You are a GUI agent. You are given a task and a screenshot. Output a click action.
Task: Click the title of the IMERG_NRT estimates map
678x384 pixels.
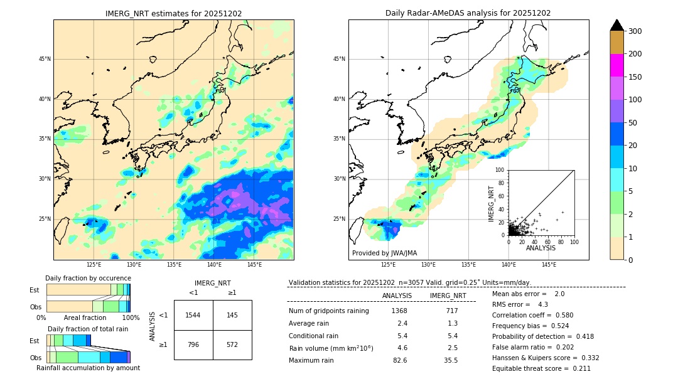pos(173,13)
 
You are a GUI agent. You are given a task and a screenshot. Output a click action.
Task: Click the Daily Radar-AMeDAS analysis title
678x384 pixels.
pos(468,13)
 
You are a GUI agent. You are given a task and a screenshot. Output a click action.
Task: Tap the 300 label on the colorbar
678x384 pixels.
pos(635,31)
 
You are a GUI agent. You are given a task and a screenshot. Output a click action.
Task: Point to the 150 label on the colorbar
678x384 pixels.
pos(635,77)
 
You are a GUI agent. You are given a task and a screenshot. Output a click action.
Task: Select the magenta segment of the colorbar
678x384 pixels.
pos(617,65)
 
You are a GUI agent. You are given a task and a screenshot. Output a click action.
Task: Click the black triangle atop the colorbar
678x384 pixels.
pos(617,25)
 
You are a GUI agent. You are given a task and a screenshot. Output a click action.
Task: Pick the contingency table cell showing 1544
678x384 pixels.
pos(193,315)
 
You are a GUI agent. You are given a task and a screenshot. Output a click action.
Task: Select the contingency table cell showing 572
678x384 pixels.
pos(232,344)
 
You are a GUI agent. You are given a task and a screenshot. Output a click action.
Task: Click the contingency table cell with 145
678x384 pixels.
pos(232,315)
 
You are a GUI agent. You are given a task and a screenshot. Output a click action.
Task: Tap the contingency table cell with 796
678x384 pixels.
pos(193,344)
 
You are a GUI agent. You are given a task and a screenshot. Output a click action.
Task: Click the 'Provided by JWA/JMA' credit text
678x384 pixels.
pos(384,253)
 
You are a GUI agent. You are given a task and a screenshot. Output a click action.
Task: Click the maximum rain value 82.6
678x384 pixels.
pos(400,360)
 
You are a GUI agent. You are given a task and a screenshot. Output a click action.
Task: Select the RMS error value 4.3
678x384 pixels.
pos(543,304)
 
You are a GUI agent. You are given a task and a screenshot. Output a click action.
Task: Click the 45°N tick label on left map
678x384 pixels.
pos(45,59)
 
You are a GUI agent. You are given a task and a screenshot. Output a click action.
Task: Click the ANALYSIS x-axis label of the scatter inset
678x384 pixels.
pos(541,248)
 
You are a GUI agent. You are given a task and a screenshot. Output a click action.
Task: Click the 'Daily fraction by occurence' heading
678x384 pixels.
pos(88,278)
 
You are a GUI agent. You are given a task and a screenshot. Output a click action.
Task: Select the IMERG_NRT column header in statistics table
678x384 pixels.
pos(448,296)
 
